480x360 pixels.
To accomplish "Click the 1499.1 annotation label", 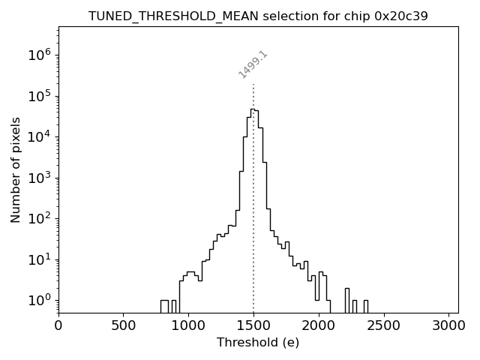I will [x=253, y=64].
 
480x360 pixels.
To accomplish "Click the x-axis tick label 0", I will [x=58, y=325].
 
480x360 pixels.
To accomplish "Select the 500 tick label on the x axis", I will [x=124, y=325].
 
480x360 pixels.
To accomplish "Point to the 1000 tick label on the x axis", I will [x=188, y=325].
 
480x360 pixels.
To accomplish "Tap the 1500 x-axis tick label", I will [x=253, y=325].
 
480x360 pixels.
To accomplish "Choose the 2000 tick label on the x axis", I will [x=319, y=325].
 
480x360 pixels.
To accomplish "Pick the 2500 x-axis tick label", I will [x=383, y=325].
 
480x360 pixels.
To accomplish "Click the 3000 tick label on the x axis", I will [x=448, y=325].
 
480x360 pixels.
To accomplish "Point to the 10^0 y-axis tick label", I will [x=40, y=301].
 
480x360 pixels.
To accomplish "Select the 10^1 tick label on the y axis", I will [x=40, y=259].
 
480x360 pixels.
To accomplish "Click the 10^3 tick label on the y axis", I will [x=40, y=178].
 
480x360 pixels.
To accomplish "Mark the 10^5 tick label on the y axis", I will [x=40, y=96].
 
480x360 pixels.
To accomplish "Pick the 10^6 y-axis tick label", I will [x=40, y=55].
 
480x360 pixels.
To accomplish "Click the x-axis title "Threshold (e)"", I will [x=258, y=343].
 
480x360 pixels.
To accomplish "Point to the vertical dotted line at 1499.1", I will [x=253, y=225].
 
